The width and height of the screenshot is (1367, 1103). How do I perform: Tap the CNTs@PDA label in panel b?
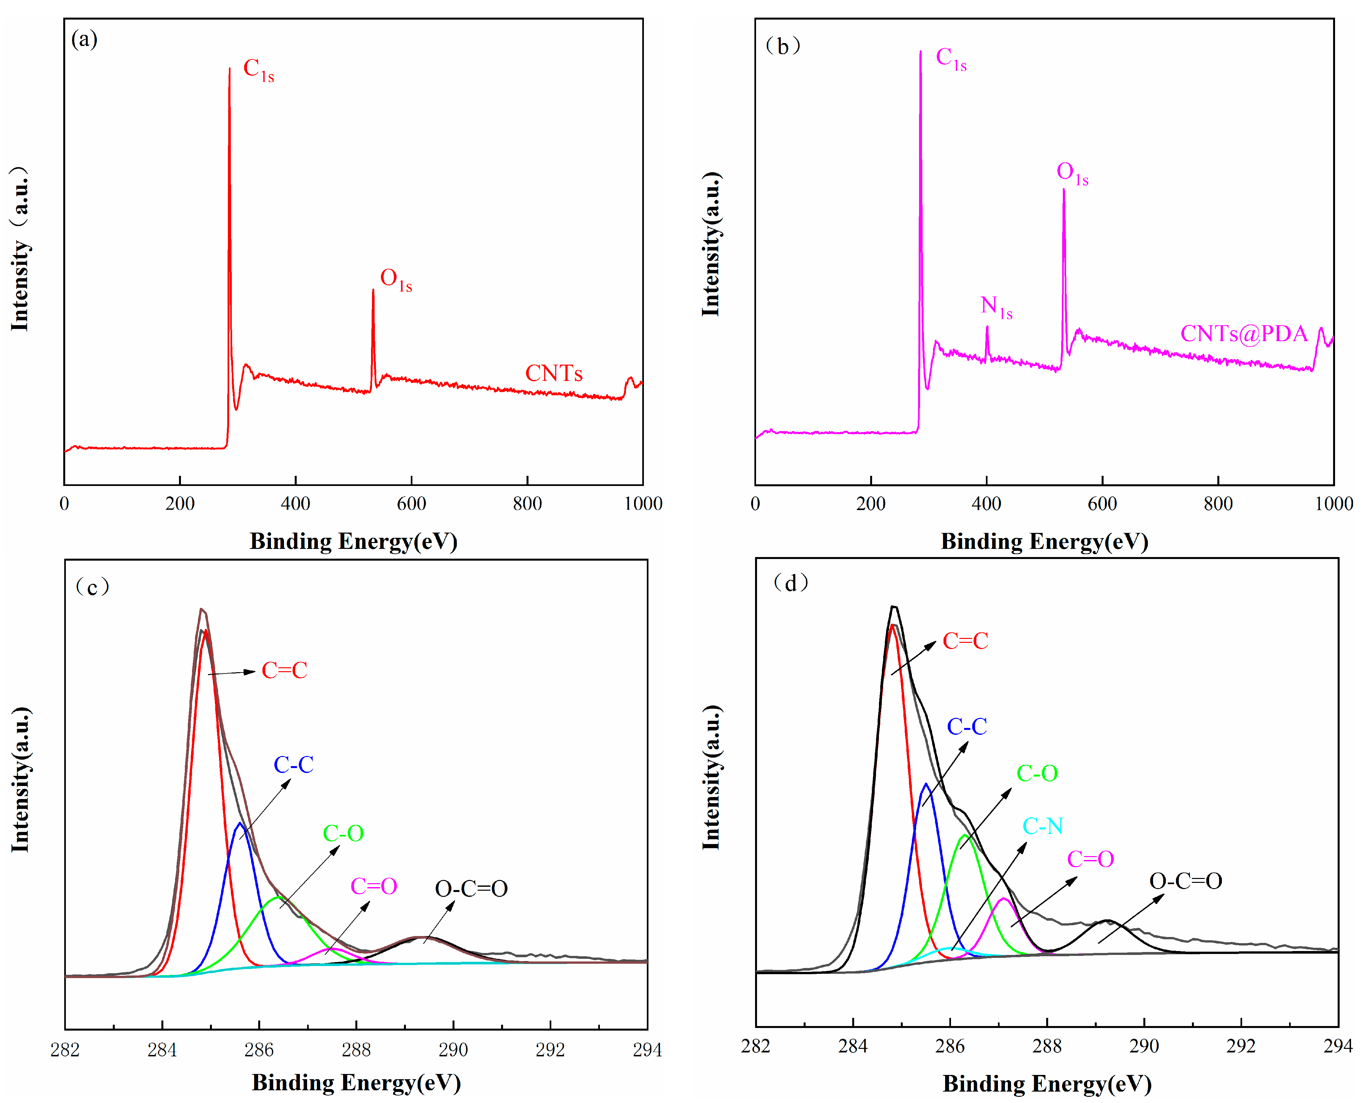(x=1243, y=334)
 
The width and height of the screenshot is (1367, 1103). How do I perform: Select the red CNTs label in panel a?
(x=553, y=374)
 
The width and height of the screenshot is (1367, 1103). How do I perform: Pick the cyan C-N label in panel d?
(x=1042, y=826)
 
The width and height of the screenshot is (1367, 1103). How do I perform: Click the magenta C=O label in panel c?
(x=374, y=886)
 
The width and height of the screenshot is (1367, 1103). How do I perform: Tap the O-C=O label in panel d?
(x=1185, y=881)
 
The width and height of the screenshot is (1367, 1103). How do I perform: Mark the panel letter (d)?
(x=790, y=582)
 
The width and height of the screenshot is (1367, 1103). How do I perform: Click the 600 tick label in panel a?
(x=411, y=504)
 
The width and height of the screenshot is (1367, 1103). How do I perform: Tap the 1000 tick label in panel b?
(x=1333, y=504)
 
